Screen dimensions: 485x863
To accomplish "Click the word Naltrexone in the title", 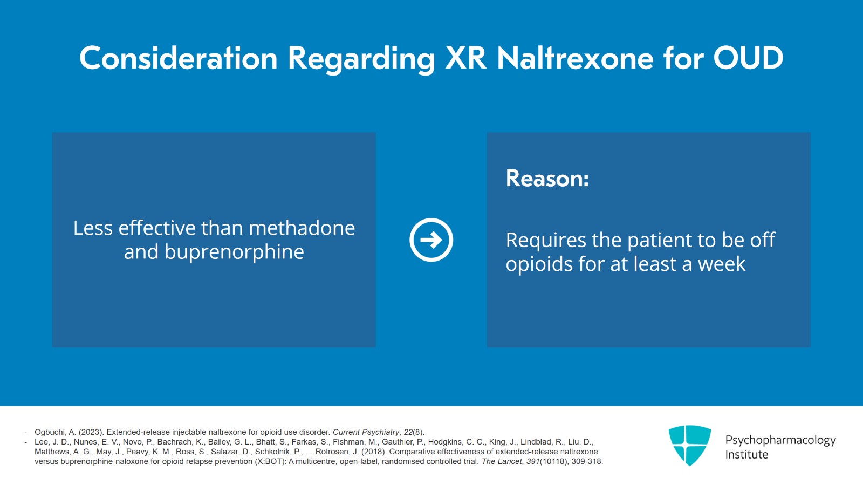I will (x=575, y=58).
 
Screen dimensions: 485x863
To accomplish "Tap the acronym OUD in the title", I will (x=748, y=58).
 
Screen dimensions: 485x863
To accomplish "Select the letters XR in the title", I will (x=465, y=58).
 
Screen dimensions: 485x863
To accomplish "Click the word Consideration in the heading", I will (x=178, y=58).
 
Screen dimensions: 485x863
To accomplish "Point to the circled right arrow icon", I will (x=431, y=240).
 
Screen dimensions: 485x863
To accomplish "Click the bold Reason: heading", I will (x=547, y=179).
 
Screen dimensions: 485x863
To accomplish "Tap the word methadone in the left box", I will (x=302, y=228).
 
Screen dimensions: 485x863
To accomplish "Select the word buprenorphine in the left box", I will (x=234, y=252).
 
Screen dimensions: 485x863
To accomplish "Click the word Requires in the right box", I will (x=545, y=241).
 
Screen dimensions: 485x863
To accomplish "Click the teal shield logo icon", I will (x=689, y=446).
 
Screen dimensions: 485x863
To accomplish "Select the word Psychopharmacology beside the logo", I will (x=780, y=440).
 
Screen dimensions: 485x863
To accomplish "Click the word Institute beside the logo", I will (x=746, y=455).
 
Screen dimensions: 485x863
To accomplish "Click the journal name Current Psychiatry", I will (x=366, y=432).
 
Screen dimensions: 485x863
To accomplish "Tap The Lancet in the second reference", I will (x=502, y=461).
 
